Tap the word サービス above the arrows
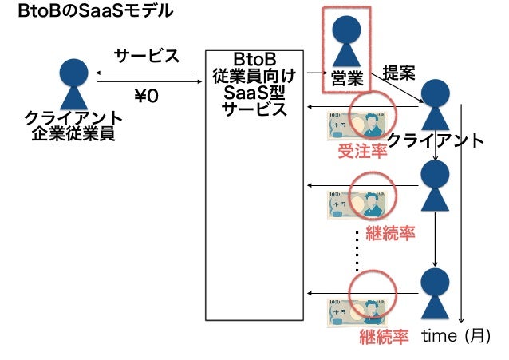(146, 57)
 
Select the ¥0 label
(146, 96)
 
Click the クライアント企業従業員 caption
(73, 126)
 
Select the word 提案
(398, 73)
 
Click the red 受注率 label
(362, 151)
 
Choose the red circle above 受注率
(372, 114)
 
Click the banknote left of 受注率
(349, 126)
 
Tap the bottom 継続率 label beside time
(384, 335)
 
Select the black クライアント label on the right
(435, 141)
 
